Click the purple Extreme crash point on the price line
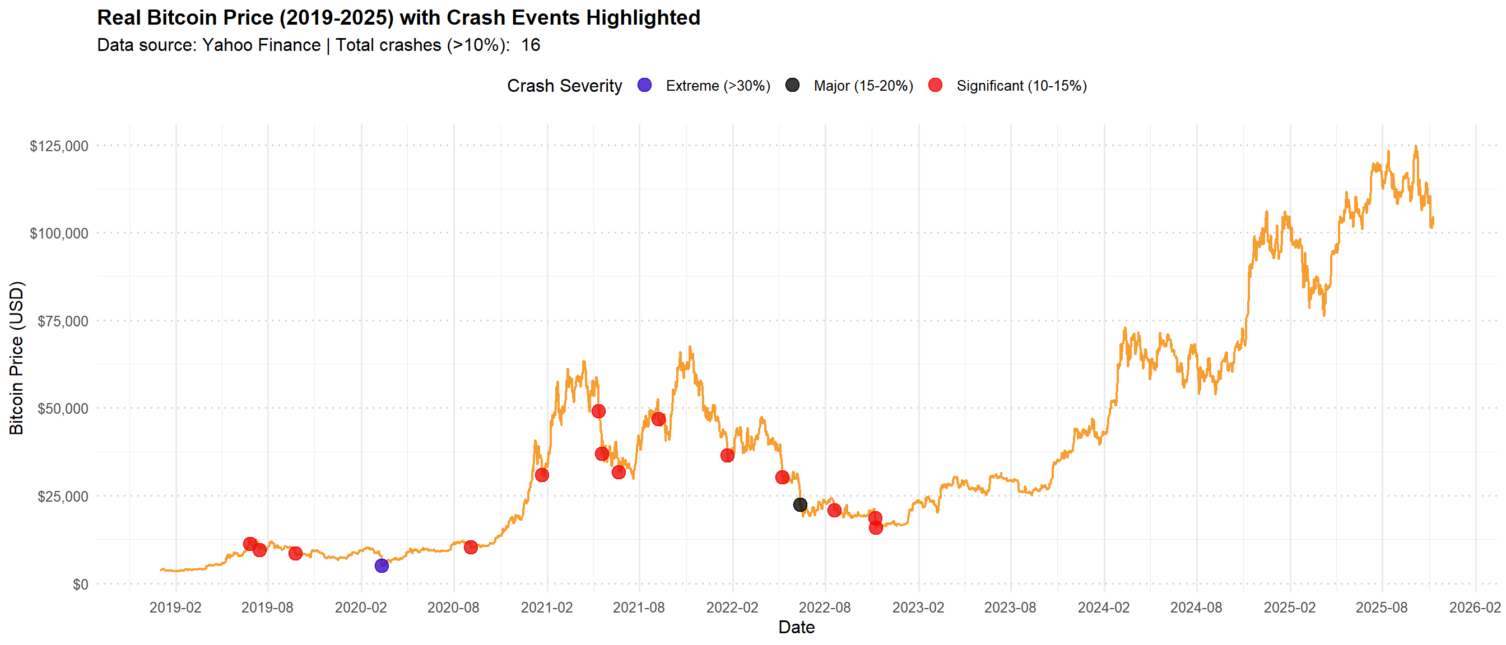point(381,565)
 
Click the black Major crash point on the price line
point(800,504)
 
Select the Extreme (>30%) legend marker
point(644,85)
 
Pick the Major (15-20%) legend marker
point(792,85)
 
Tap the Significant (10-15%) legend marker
point(935,85)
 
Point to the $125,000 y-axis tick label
point(59,146)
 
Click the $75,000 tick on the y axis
point(63,321)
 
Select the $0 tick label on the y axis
point(80,583)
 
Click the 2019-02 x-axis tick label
point(175,607)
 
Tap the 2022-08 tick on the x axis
point(824,607)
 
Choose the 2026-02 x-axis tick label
point(1475,607)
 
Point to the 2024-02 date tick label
point(1103,607)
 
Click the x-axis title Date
point(796,627)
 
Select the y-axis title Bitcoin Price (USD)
point(16,358)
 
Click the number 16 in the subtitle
point(530,45)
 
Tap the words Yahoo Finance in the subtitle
point(261,45)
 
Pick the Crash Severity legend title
point(564,86)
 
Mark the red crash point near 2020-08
point(470,547)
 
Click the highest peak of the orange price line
point(1415,147)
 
